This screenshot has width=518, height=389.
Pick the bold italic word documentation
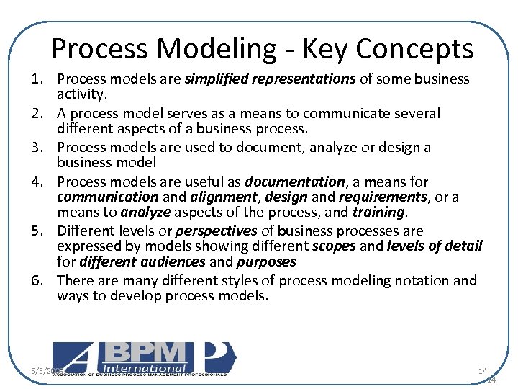point(295,182)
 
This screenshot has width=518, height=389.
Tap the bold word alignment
point(227,197)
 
